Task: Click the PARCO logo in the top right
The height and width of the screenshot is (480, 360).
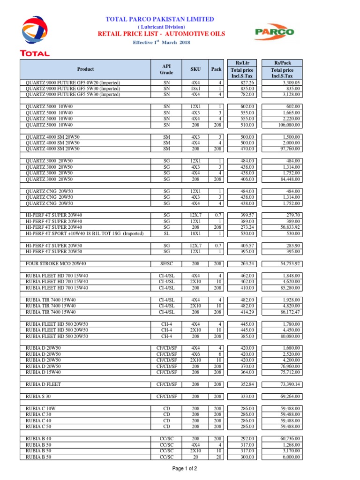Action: point(274,32)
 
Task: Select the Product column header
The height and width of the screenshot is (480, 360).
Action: point(85,69)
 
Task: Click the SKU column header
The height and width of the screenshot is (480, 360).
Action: point(195,69)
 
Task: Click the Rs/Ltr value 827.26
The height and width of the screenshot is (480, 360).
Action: point(246,82)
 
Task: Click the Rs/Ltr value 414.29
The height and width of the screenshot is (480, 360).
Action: point(246,312)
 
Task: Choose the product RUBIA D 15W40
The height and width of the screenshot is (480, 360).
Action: point(44,372)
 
